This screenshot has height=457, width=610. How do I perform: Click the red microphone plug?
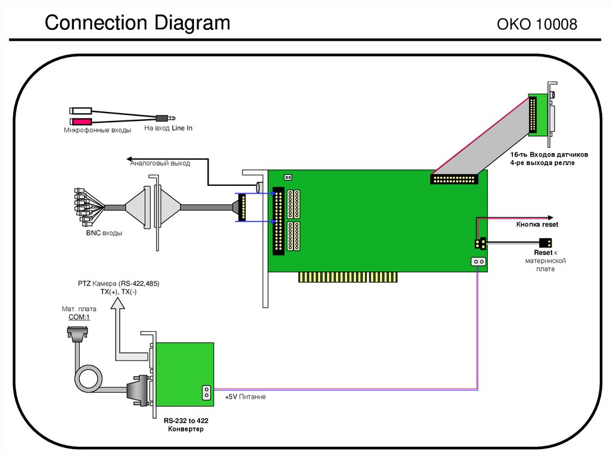point(80,121)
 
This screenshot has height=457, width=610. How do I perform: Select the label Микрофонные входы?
point(98,130)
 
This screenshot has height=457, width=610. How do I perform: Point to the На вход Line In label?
point(169,128)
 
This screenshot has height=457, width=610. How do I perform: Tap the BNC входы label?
point(104,233)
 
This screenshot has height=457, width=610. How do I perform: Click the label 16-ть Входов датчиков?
point(549,155)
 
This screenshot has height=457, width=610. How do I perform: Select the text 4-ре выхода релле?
point(542,163)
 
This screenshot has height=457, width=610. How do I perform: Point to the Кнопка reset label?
point(537,225)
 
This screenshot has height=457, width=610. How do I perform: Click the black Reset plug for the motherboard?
point(544,243)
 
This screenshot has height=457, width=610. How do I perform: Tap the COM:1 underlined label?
point(75,318)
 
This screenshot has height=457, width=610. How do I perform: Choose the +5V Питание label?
point(245,397)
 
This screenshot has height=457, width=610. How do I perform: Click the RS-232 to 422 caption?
point(186,420)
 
